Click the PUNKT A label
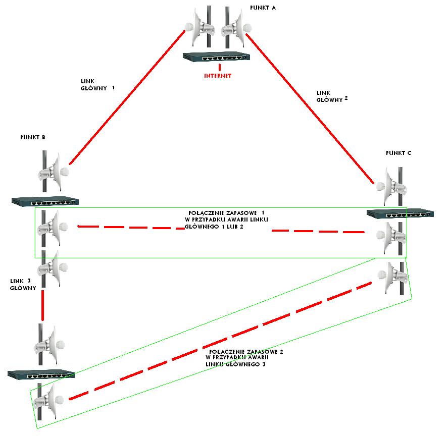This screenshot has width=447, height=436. pyautogui.click(x=263, y=8)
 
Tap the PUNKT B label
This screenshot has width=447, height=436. pyautogui.click(x=33, y=137)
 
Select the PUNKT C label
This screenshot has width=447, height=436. pyautogui.click(x=399, y=153)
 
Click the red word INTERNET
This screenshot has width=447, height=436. pyautogui.click(x=218, y=76)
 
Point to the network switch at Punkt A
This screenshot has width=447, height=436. pyautogui.click(x=216, y=57)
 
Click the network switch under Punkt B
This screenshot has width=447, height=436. pyautogui.click(x=45, y=201)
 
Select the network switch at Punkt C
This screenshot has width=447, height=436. pyautogui.click(x=400, y=213)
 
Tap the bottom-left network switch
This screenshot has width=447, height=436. pyautogui.click(x=41, y=375)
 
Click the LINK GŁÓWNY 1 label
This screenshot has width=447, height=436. pyautogui.click(x=97, y=85)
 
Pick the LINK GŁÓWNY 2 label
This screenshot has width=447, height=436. pyautogui.click(x=332, y=96)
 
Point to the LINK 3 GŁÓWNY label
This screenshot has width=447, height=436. pyautogui.click(x=23, y=285)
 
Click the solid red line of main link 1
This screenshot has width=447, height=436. pyautogui.click(x=127, y=97)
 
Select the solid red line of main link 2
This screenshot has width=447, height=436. pyautogui.click(x=310, y=108)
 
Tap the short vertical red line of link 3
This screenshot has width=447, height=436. pyautogui.click(x=43, y=305)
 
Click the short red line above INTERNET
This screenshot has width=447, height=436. pyautogui.click(x=220, y=67)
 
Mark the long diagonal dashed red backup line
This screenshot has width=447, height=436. pyautogui.click(x=220, y=341)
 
